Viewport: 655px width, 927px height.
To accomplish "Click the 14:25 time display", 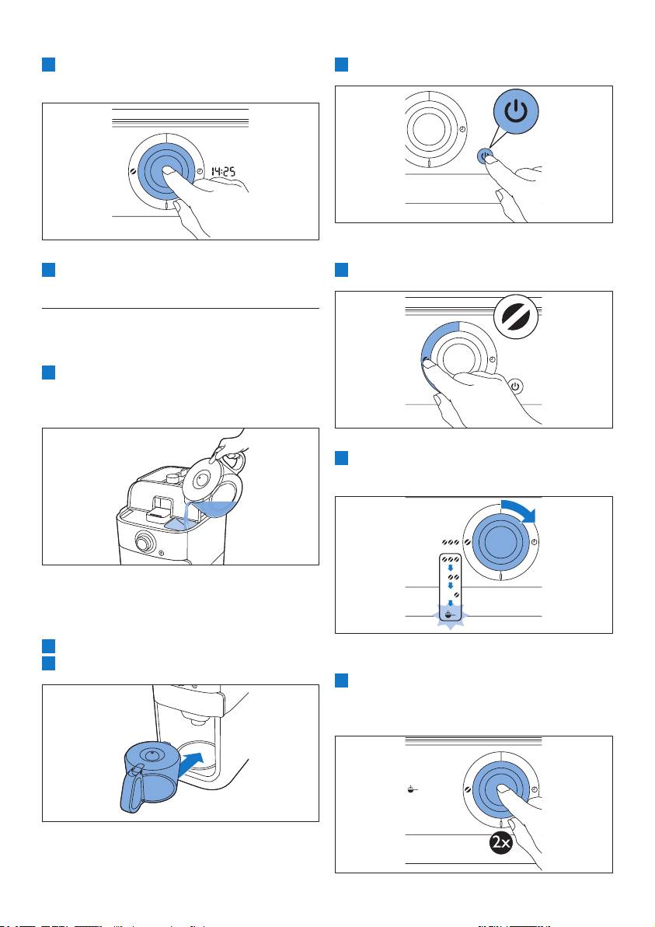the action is pos(224,171).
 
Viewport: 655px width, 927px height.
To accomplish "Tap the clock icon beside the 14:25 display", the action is pos(200,171).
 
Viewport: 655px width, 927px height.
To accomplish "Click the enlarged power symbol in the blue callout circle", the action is pos(516,110).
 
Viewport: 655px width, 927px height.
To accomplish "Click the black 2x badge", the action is pos(501,842).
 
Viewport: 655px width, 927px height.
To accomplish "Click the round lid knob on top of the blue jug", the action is pos(152,754).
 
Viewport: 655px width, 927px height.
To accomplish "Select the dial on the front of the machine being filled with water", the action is pos(143,540).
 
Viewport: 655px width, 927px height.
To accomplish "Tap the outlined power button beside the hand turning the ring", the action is pos(516,386).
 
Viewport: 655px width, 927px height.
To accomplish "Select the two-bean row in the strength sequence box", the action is pos(453,576).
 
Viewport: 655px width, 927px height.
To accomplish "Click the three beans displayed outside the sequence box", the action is pos(450,542).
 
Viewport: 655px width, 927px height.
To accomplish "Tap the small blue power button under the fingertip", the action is pos(484,156).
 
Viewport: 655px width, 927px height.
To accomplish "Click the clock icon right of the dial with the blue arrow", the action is pos(535,542).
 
